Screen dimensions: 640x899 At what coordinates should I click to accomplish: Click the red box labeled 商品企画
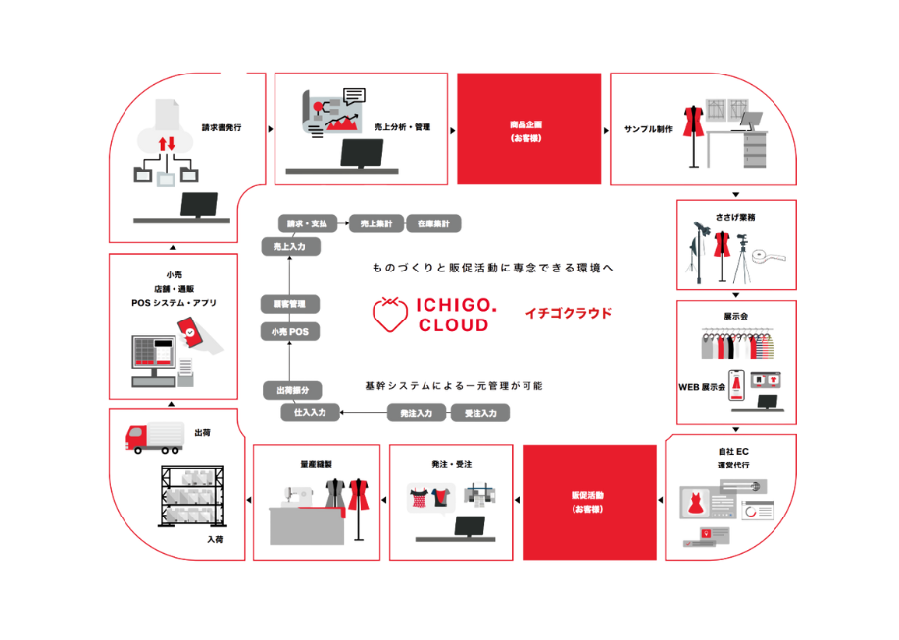click(x=528, y=127)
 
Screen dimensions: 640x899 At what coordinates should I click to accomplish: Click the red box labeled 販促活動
click(x=588, y=502)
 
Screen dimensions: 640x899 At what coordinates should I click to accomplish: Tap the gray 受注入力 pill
click(x=479, y=414)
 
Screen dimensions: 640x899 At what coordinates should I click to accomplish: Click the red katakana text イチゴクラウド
click(x=570, y=313)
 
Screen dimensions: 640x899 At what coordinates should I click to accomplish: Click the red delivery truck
click(x=155, y=436)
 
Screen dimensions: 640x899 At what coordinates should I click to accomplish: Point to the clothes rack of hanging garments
click(x=735, y=343)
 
